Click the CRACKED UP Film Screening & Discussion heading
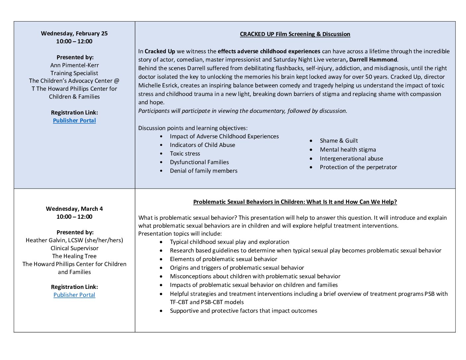[x=295, y=34]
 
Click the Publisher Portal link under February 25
[x=74, y=120]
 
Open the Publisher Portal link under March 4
[x=74, y=295]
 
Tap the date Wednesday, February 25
[x=74, y=33]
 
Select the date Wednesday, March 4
[x=74, y=209]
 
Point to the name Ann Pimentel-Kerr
[x=74, y=65]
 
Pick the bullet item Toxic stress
[x=185, y=154]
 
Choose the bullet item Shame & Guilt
[x=339, y=141]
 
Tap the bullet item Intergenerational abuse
[x=351, y=158]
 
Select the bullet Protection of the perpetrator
[x=358, y=167]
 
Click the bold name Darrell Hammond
[x=373, y=60]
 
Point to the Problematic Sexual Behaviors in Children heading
[x=295, y=202]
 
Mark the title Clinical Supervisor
[x=74, y=248]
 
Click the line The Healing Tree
[x=74, y=256]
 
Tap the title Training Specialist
[x=74, y=73]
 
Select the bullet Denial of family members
[x=204, y=171]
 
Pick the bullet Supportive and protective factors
[x=243, y=311]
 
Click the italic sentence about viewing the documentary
[x=243, y=111]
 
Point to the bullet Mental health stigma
[x=348, y=150]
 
